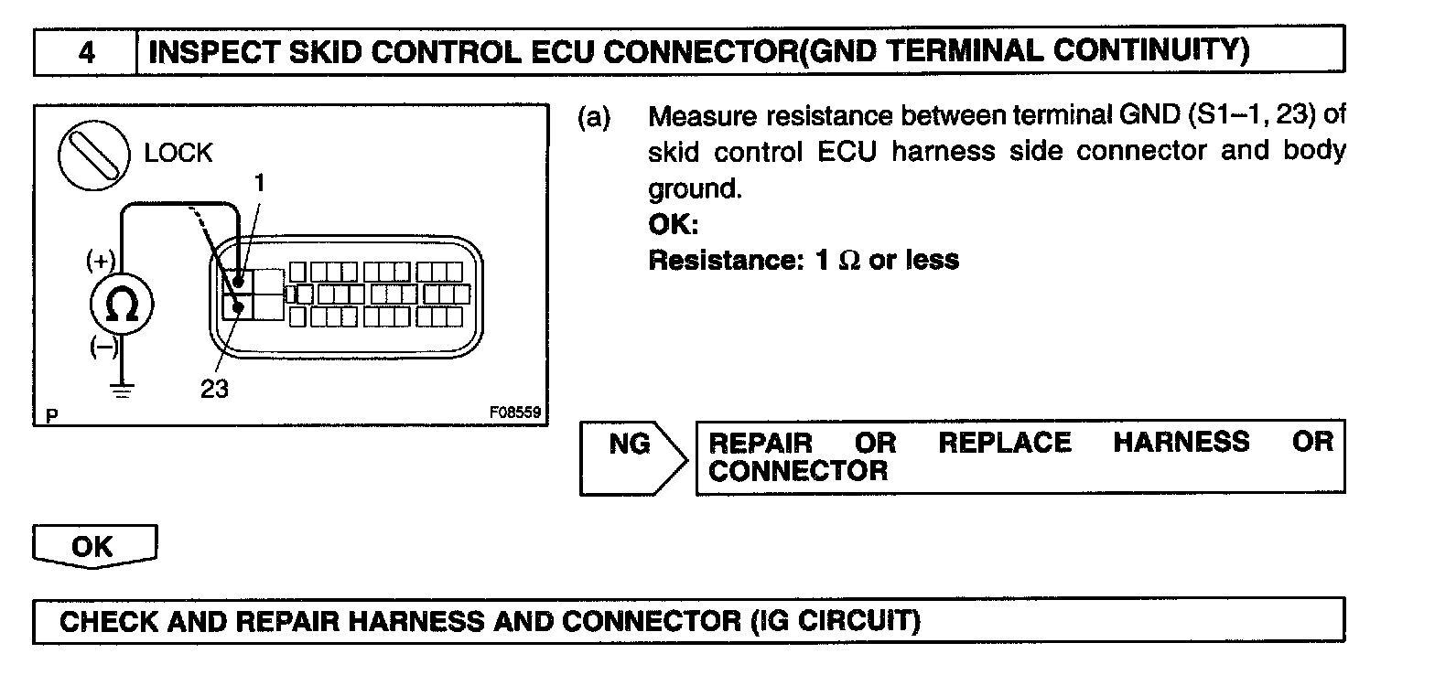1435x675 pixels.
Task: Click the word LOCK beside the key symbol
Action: (x=178, y=153)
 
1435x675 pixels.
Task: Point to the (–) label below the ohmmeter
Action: (x=102, y=348)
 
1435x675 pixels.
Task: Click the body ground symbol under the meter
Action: (x=122, y=389)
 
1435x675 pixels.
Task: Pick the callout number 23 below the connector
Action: (x=214, y=388)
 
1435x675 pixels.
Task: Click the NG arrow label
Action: (x=630, y=445)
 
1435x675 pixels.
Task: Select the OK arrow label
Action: (x=92, y=547)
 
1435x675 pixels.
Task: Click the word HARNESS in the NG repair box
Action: (x=1180, y=443)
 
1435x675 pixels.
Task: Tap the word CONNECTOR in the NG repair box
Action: (x=798, y=472)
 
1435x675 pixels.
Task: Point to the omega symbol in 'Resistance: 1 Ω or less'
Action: (x=849, y=261)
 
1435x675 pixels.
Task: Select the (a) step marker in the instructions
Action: (x=594, y=118)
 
